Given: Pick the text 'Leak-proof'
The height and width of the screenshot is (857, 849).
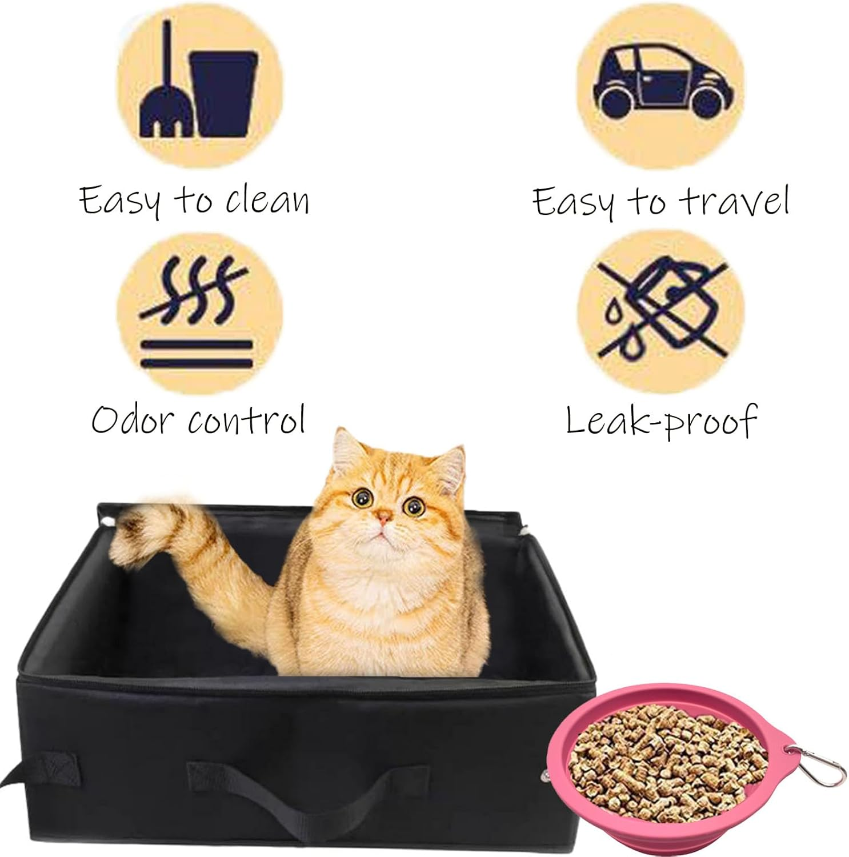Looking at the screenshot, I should (660, 422).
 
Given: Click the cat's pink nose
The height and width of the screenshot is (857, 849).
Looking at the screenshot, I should (385, 518).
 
